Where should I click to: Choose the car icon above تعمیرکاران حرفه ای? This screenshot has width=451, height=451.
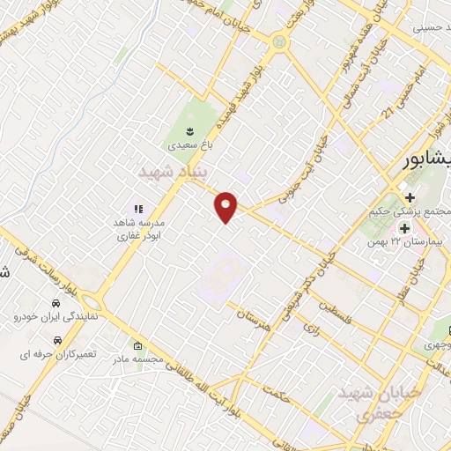pos(58,338)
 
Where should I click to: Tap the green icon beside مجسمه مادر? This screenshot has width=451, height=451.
pos(137,344)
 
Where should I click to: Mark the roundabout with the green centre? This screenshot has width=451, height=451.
pos(280,41)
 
